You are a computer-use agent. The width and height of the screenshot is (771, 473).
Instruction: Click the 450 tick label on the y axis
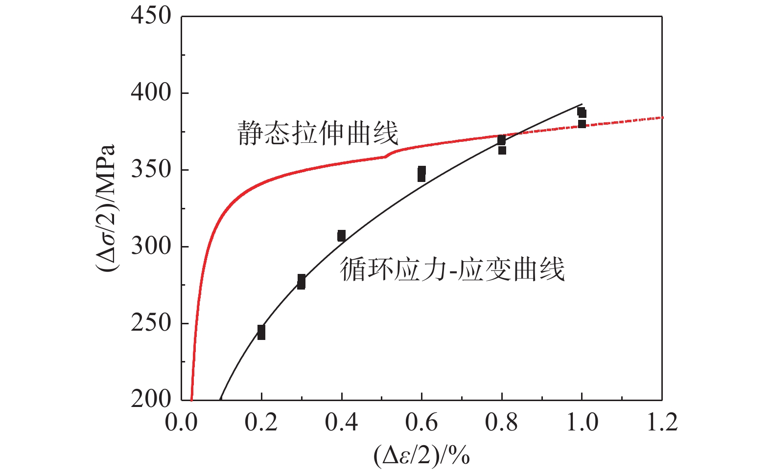[x=151, y=16]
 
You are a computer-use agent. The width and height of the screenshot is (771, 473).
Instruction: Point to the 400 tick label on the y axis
[x=151, y=92]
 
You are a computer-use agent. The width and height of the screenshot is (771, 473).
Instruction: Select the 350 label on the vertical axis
[x=151, y=170]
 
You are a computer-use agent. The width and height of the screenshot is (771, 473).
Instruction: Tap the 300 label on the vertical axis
[x=151, y=246]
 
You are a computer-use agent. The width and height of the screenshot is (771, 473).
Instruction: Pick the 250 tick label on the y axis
[x=151, y=323]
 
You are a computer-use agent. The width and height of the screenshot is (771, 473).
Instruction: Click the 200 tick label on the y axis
[x=151, y=400]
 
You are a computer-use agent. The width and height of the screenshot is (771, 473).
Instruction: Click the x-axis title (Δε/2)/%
[x=421, y=456]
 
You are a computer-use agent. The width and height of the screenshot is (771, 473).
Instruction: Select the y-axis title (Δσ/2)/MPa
[x=106, y=208]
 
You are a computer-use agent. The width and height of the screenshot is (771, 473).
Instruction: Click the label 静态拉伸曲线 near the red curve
[x=318, y=133]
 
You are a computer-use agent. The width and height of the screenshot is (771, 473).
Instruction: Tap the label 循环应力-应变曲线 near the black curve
[x=452, y=270]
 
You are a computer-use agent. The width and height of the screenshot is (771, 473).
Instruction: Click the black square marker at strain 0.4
[x=341, y=236]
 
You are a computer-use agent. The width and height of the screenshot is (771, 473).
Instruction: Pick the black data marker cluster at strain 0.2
[x=261, y=332]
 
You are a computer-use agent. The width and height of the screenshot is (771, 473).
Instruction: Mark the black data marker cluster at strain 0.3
[x=301, y=281]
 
